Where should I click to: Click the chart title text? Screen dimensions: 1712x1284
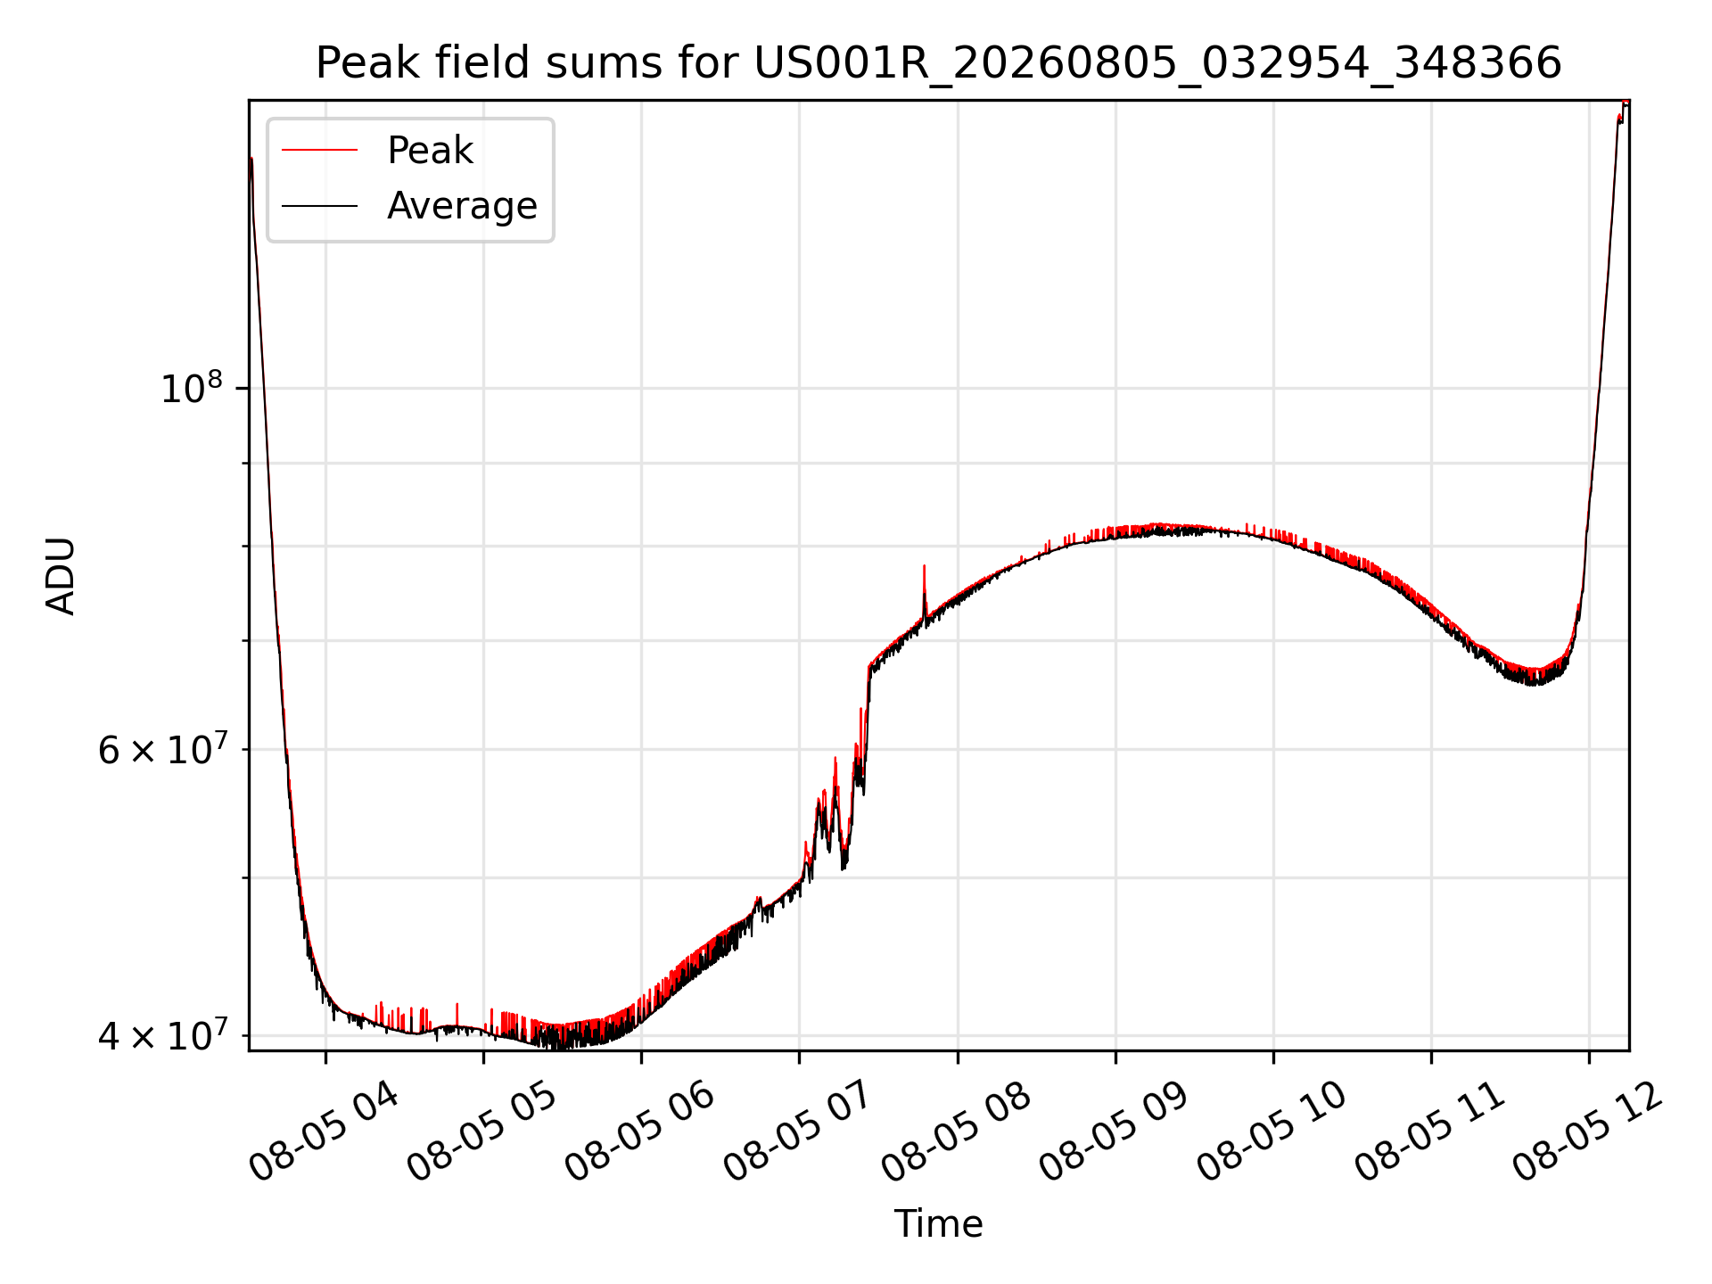[x=939, y=64]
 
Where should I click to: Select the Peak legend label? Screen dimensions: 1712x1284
[x=430, y=151]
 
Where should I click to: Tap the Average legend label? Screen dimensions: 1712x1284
[x=462, y=206]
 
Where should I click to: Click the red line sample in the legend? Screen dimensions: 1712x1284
[x=319, y=151]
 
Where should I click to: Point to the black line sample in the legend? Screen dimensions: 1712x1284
[x=319, y=206]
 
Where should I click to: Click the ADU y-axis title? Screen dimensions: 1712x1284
[x=61, y=576]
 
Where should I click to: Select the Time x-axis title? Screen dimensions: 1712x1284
[x=939, y=1224]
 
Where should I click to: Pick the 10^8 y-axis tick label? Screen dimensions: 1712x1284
[x=191, y=389]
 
